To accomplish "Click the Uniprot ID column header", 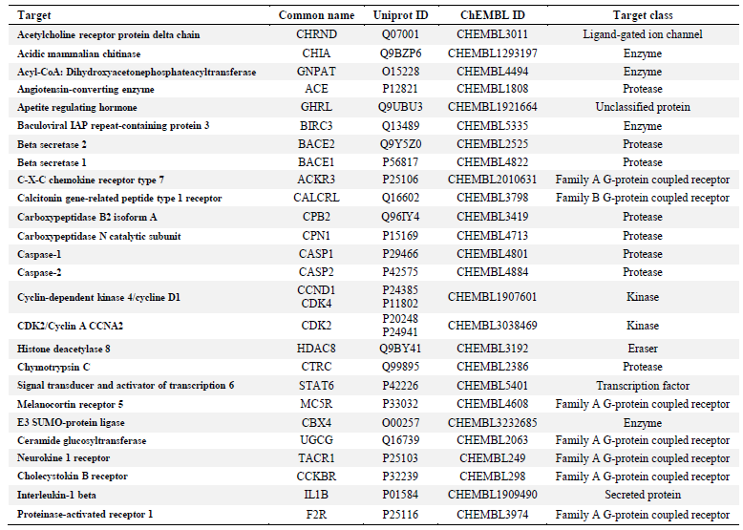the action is [x=400, y=15].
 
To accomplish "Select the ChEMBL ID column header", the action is [x=493, y=15].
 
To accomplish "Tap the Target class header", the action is [x=643, y=15].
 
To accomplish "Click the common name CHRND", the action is [x=316, y=34].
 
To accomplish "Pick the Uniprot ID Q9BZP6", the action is [x=400, y=53].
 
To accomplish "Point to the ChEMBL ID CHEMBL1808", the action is [x=493, y=89].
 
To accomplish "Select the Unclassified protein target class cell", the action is [x=643, y=107].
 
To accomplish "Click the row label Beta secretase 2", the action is [x=52, y=144].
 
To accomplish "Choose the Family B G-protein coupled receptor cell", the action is [x=643, y=198].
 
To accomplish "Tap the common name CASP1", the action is [x=316, y=254].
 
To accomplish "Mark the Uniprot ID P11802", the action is [x=400, y=304].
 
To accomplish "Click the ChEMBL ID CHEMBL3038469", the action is [x=493, y=326].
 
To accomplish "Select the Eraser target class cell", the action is [x=643, y=349].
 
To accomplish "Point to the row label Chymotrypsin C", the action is [x=53, y=367].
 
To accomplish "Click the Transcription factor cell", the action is [x=643, y=386].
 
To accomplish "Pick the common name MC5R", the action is [x=316, y=405].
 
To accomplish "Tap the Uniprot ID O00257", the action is [x=400, y=423].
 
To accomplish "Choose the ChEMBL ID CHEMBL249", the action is [x=493, y=458].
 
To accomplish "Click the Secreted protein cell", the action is [x=643, y=495].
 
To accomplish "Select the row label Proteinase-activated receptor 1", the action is [x=85, y=515].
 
